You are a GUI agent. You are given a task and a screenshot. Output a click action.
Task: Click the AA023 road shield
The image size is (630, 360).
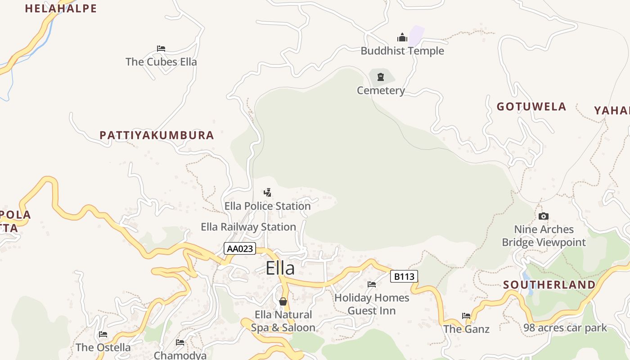pos(240,248)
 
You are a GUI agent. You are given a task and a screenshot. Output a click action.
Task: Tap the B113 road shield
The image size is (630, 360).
pos(404,276)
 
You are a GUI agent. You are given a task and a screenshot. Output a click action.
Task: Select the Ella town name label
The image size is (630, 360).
pos(280,268)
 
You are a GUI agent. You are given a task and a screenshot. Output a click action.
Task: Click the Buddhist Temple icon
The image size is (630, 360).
pos(402,37)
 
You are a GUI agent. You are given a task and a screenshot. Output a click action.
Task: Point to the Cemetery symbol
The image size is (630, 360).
pos(381,77)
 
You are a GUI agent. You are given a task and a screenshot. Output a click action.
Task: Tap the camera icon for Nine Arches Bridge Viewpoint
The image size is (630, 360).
pos(544,216)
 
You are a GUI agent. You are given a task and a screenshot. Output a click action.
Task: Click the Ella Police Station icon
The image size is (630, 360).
pos(267,193)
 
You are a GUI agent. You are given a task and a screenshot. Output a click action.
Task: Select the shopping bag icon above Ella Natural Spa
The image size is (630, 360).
pos(283,301)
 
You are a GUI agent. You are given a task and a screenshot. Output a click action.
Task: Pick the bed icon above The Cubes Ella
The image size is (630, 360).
pos(161,49)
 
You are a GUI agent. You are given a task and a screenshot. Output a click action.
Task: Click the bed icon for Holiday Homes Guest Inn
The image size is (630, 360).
pos(372,284)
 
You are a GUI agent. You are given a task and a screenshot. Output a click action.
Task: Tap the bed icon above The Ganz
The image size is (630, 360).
pos(466,315)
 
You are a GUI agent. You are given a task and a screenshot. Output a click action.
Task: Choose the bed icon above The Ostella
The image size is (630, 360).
pos(103,334)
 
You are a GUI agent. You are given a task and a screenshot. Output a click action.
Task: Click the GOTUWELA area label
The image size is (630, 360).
pos(531,107)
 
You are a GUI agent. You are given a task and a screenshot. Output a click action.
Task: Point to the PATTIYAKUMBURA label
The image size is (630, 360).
pos(157,135)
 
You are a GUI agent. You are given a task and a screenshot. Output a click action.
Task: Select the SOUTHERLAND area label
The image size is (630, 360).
pos(549,285)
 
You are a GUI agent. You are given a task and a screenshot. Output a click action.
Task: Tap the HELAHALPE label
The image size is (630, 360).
pos(61,9)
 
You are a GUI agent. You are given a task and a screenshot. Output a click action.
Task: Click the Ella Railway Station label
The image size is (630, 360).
pos(248,227)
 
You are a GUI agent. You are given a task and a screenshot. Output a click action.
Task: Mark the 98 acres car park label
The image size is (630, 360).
pos(565,328)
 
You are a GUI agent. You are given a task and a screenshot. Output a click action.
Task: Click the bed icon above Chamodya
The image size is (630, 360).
pos(180,342)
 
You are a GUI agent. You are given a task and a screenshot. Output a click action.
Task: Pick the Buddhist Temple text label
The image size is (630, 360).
pos(402,51)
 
